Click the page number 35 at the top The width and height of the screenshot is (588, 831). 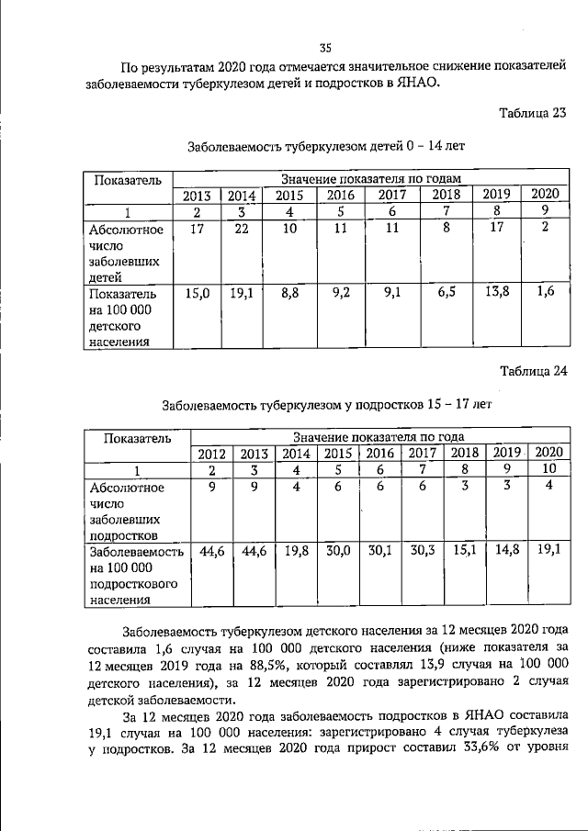(x=324, y=48)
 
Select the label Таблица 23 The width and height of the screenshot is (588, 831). (x=533, y=114)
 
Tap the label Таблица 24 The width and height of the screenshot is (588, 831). (x=533, y=371)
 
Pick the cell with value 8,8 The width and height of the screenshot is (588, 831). (x=288, y=295)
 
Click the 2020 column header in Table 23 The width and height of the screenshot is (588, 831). (x=544, y=195)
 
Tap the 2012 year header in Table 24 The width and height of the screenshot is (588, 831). (x=212, y=453)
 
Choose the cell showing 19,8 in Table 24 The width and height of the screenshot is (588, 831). (x=295, y=552)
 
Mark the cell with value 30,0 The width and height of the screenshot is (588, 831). (x=338, y=552)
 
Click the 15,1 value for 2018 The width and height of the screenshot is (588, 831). (x=465, y=552)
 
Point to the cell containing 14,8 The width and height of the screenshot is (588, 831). (x=506, y=552)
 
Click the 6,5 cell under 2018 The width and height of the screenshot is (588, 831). (x=446, y=295)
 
